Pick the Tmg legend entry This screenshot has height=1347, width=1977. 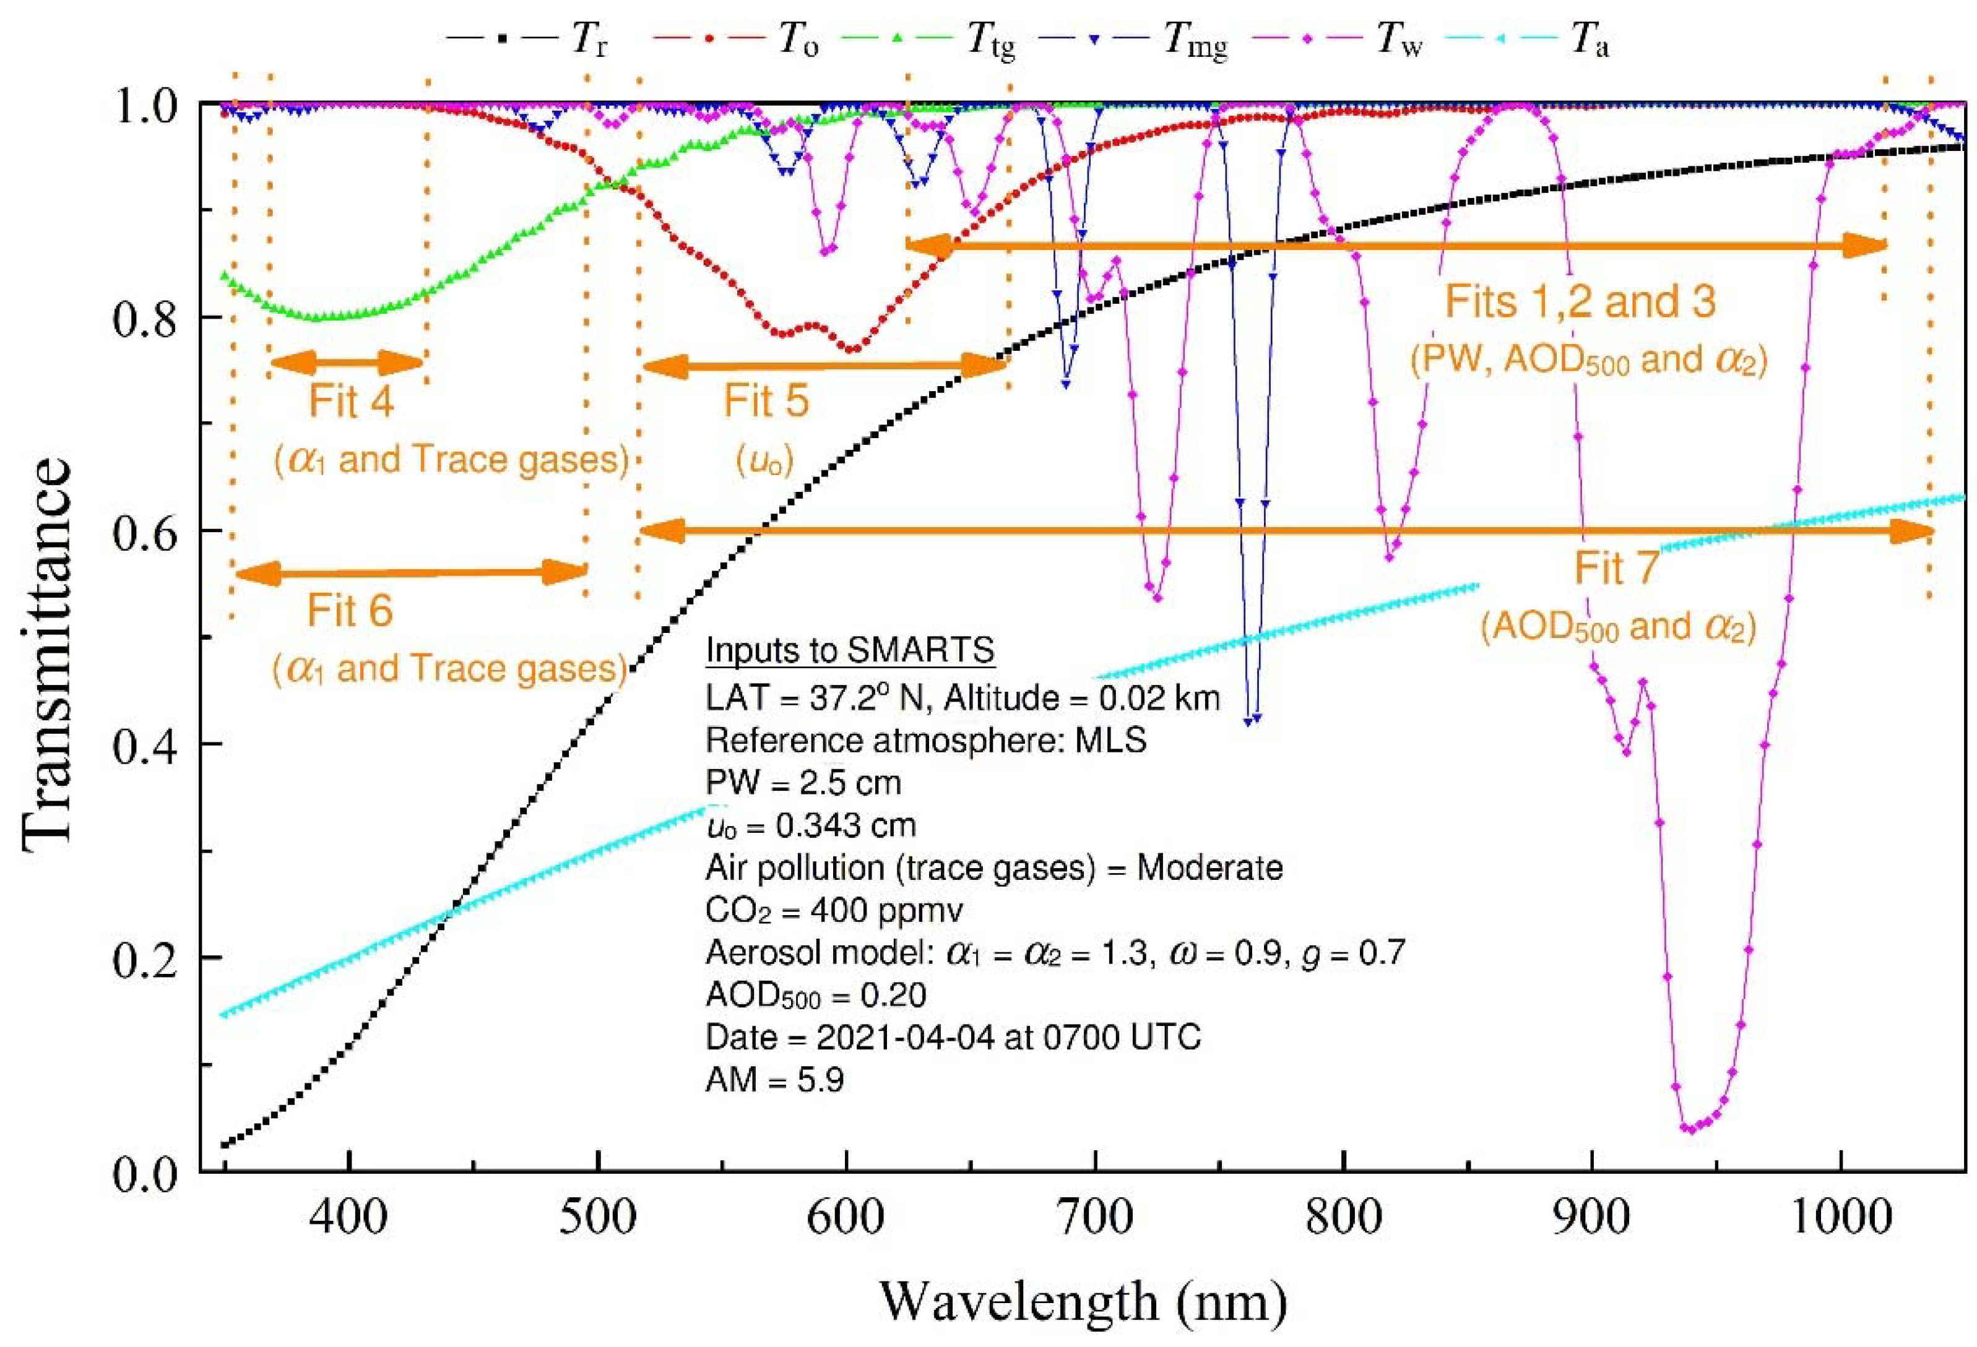click(x=1140, y=41)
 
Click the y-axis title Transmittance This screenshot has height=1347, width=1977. click(x=47, y=650)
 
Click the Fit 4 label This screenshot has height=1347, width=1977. click(x=350, y=402)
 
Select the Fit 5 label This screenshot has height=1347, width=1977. click(x=766, y=402)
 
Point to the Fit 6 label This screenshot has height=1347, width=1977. click(x=350, y=611)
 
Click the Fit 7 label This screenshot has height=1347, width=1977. click(x=1616, y=569)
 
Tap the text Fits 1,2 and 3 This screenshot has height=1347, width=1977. click(x=1581, y=303)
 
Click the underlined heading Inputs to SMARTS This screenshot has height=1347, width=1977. click(x=850, y=652)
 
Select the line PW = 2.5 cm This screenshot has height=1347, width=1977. click(x=803, y=782)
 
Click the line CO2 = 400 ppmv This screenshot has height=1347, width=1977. click(x=834, y=911)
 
